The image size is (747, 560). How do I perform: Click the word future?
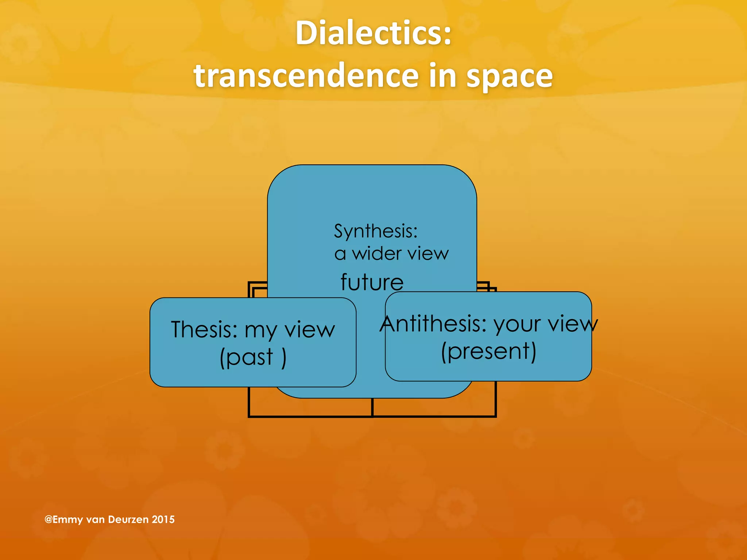[x=372, y=282]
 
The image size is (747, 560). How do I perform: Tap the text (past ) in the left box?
[x=253, y=357]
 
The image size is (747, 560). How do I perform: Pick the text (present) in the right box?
[x=488, y=351]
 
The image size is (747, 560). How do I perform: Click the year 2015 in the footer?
[x=163, y=520]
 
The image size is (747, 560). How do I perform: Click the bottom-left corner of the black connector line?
[x=249, y=416]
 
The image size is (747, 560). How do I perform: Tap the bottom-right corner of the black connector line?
[x=495, y=416]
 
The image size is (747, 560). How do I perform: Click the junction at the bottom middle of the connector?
[x=372, y=416]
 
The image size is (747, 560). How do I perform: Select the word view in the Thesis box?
[x=309, y=330]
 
